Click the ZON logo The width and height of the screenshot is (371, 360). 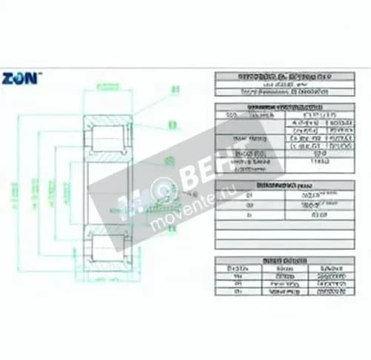tap(22, 77)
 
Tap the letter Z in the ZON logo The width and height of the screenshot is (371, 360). tap(8, 77)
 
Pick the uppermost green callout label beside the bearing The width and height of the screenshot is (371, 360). tap(176, 90)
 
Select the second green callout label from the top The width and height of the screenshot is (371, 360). tap(172, 124)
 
